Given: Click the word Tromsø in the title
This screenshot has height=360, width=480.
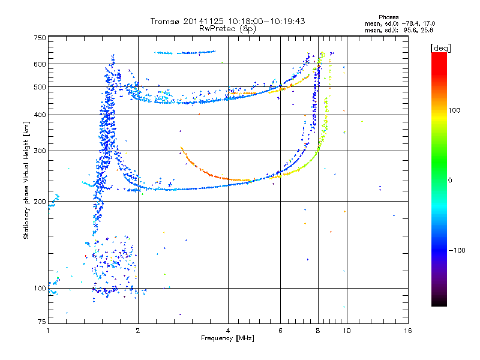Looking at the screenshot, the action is pos(166,21).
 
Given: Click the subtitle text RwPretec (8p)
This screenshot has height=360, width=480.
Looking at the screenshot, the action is pos(227,29).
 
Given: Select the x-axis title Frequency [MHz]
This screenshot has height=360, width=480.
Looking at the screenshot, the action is pos(227,338).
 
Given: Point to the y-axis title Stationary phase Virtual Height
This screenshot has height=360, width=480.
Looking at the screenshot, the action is pos(26,180).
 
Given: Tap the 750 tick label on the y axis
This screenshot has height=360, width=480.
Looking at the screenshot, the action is pos(40,38).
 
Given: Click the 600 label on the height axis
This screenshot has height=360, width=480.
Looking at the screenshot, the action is pos(40,64).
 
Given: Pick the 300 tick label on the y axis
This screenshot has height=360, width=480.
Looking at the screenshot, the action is pos(40,151).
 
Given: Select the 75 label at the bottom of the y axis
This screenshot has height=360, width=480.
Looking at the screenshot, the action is pos(42,322).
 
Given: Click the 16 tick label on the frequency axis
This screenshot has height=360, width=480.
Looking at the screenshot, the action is pos(408,331).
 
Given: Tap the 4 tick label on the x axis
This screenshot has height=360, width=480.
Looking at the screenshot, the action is pos(228,331).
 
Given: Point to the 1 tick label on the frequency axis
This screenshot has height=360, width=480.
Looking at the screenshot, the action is pos(48,331).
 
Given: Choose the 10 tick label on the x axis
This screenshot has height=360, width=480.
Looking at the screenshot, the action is pos(347,331).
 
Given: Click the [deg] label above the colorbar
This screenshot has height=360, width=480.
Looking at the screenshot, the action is pos(440,48).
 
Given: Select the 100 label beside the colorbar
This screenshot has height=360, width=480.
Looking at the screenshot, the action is pos(454,110).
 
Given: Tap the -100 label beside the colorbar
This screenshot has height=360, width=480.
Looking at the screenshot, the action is pos(457,250).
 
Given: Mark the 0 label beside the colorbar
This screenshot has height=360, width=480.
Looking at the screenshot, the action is pos(450,180).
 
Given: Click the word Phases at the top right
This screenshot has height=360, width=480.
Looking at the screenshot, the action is pos(388,17).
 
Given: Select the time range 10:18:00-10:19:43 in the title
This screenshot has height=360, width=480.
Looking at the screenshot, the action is pos(266,21).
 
